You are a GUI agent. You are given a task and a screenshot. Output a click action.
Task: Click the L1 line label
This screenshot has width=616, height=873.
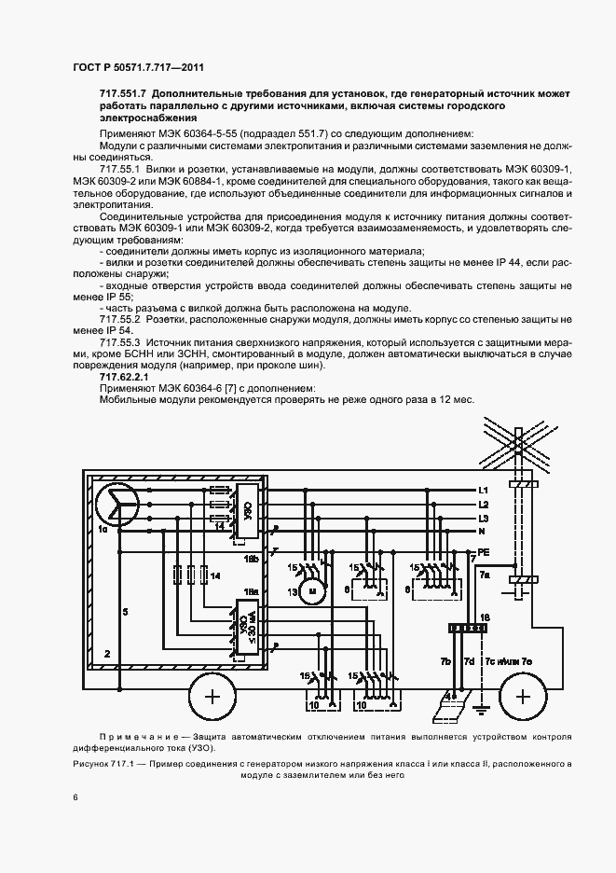483,490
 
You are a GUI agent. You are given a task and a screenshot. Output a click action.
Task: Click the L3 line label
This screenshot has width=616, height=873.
483,518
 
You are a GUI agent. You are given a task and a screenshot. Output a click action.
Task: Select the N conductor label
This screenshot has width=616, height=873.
482,532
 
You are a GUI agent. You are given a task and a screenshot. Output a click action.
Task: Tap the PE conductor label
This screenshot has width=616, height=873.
484,551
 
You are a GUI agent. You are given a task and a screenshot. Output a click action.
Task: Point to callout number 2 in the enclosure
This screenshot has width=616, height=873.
108,655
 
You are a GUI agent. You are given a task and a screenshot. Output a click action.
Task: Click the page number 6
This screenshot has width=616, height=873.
75,797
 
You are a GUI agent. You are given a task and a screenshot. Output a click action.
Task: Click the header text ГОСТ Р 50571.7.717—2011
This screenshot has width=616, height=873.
138,68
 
